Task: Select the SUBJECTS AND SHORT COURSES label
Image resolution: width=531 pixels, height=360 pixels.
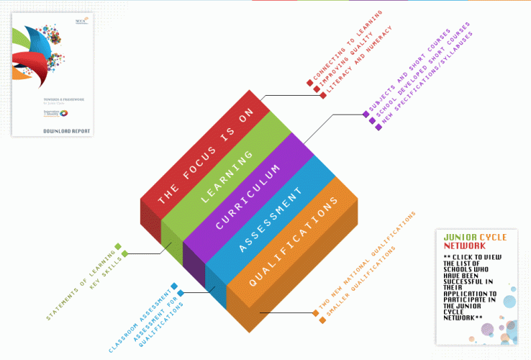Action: (407, 72)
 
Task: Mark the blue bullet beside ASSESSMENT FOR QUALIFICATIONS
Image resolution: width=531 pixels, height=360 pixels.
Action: (181, 293)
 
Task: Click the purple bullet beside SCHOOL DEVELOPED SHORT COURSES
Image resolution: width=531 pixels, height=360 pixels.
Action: (372, 120)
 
